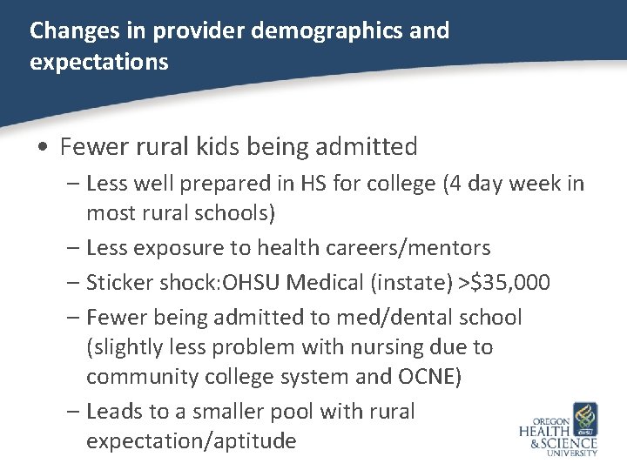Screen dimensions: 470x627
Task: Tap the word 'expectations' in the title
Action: click(x=98, y=64)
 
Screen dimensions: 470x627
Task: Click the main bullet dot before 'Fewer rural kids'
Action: click(x=43, y=147)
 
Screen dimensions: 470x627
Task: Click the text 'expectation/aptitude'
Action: click(x=191, y=440)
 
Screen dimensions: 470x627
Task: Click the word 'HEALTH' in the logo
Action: click(x=545, y=431)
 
